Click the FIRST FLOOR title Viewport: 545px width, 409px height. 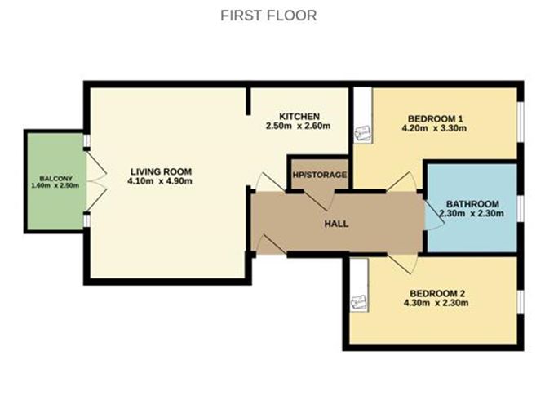(x=268, y=16)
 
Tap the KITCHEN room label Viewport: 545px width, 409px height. (x=299, y=116)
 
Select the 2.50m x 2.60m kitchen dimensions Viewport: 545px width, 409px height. (x=298, y=126)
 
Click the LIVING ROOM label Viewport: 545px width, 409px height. (x=161, y=171)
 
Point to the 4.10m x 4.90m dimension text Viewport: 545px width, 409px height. (x=160, y=181)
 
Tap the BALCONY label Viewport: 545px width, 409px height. (x=55, y=179)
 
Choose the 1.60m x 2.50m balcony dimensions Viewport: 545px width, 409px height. (x=55, y=185)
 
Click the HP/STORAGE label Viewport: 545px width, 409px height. (x=320, y=175)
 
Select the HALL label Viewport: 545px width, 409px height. (x=336, y=224)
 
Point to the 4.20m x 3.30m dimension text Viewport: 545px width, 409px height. (x=434, y=128)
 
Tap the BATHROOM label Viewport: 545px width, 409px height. (x=472, y=204)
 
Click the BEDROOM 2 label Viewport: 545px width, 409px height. (x=437, y=294)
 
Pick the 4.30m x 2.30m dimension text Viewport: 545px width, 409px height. (x=436, y=303)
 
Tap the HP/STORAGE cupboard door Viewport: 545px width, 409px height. (x=319, y=200)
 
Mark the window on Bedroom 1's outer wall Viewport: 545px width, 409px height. (x=521, y=122)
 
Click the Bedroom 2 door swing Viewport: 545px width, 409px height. (x=402, y=263)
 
